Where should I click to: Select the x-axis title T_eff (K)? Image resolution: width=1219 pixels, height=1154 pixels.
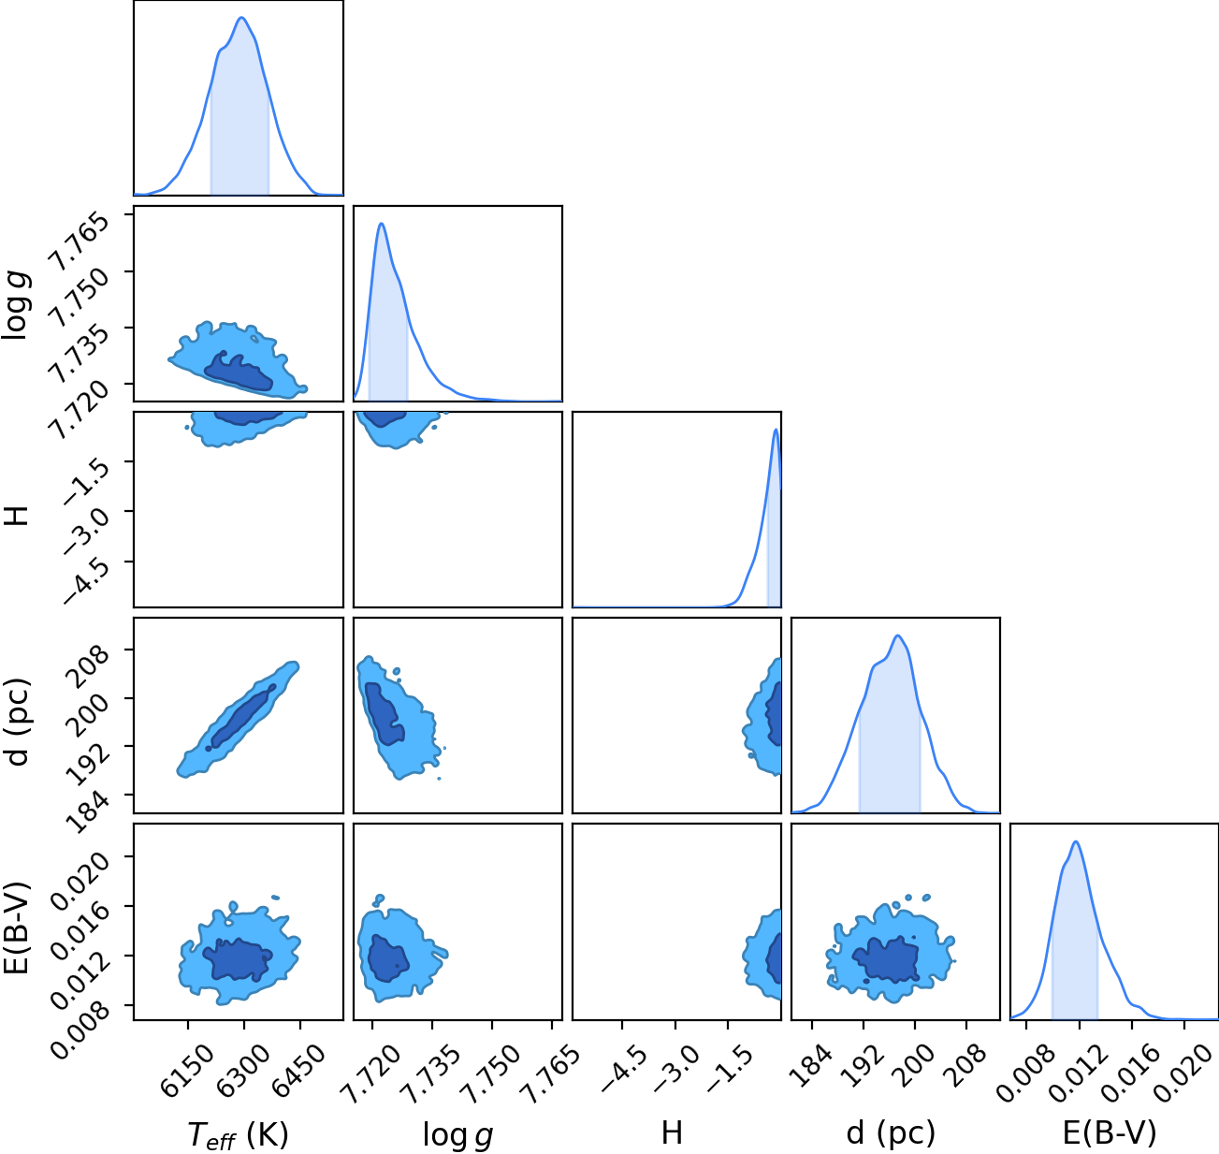239,1134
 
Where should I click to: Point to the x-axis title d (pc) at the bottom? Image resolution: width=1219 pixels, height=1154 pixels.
891,1132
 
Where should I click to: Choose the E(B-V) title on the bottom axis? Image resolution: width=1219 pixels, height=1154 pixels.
1110,1132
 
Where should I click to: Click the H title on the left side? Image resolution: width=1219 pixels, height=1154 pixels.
16,516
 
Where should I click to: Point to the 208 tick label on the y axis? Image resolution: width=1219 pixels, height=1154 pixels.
91,665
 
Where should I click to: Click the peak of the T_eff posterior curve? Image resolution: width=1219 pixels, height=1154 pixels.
241,18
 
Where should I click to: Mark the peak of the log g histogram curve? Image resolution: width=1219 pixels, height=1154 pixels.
382,224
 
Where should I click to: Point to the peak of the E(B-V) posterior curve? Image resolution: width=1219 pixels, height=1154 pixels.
1076,842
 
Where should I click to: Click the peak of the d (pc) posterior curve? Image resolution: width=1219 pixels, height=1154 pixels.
897,635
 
